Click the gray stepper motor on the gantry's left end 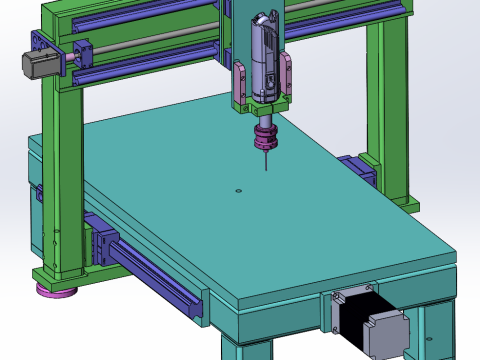point(34,63)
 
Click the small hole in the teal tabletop point(237,190)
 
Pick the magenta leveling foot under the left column point(57,291)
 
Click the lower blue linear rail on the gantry point(150,67)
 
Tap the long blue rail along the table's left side point(160,279)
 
